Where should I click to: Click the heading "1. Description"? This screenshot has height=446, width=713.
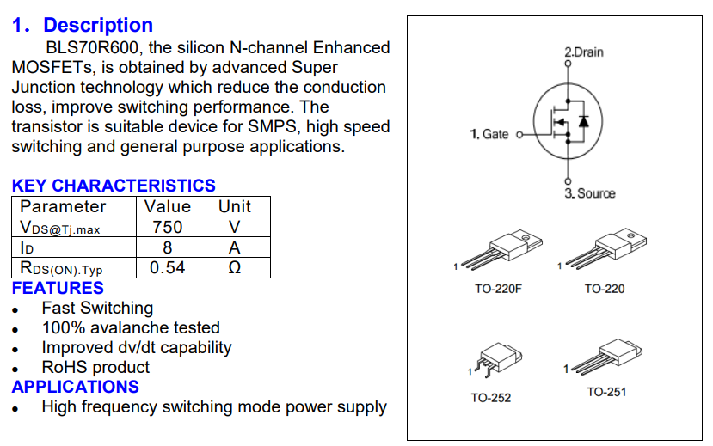(83, 26)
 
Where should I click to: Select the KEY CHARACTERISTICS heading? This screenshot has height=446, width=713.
(114, 186)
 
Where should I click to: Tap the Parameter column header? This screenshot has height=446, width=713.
(63, 206)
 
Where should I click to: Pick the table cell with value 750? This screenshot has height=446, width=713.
(167, 227)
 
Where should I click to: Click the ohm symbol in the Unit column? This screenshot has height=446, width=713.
(234, 267)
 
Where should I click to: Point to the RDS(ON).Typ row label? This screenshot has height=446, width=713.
(61, 268)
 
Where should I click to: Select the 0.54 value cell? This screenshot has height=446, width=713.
(167, 267)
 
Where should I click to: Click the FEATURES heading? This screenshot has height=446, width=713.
(58, 288)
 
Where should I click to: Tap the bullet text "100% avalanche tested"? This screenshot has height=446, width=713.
(131, 327)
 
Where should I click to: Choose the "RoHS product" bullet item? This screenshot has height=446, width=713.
(96, 367)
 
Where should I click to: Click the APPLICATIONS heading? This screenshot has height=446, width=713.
(76, 387)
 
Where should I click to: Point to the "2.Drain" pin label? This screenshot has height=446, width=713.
(584, 52)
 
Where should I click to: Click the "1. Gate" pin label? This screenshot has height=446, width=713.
(489, 134)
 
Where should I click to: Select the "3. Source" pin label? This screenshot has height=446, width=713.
(590, 193)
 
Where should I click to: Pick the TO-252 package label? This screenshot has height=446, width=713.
(491, 398)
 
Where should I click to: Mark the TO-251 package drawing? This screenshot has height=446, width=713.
(606, 357)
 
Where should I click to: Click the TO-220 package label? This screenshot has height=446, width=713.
(605, 289)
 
